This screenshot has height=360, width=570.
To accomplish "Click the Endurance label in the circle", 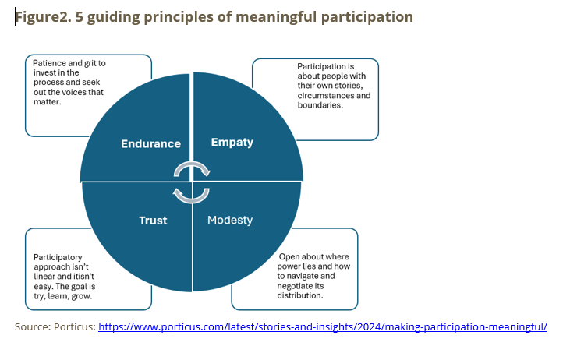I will (150, 143).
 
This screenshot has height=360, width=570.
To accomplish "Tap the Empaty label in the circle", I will (232, 143).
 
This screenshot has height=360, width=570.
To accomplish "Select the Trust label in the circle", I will (153, 221).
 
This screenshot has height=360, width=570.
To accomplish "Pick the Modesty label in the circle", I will (230, 220).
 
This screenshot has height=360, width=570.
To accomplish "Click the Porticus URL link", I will (322, 326).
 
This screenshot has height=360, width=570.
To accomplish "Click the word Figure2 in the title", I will (41, 17).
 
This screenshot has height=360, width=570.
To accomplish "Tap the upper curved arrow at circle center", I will (191, 169).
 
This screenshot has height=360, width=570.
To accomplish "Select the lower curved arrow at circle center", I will (191, 193).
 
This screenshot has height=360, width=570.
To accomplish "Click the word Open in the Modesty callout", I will (292, 257).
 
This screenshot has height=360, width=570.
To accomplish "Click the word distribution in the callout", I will (303, 295).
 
